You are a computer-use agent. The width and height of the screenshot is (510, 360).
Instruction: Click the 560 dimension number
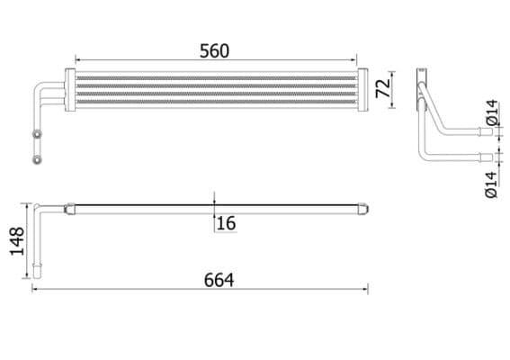[213, 51]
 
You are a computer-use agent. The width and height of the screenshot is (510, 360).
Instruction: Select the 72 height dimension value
[381, 88]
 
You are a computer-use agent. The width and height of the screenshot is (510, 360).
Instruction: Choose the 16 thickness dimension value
[226, 222]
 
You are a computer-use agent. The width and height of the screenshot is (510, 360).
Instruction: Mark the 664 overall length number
[219, 280]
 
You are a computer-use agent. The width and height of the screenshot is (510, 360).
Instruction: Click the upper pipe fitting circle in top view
[37, 135]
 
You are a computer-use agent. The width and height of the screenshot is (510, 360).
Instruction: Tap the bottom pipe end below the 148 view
[39, 269]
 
